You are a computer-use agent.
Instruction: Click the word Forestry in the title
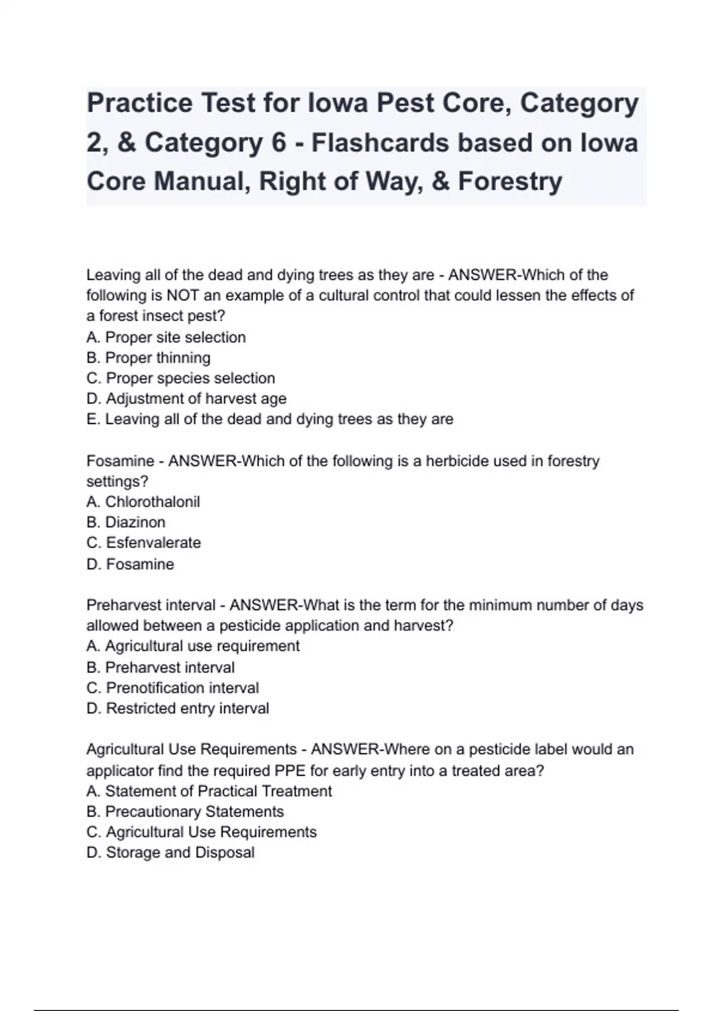pos(510,181)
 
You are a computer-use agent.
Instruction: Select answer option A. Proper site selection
pos(166,337)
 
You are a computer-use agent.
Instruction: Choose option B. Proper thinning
pos(148,357)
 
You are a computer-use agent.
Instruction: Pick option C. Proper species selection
pos(181,378)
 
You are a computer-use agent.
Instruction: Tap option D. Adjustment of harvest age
pos(186,398)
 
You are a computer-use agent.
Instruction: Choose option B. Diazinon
pos(126,522)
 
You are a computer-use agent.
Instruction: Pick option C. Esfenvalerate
pos(143,542)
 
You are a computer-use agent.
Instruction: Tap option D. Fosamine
pos(130,564)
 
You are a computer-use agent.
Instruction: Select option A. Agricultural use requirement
pos(193,646)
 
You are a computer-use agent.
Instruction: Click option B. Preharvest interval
pos(160,667)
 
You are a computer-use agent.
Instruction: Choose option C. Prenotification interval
pos(172,687)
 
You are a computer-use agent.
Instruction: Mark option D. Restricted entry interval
pos(178,708)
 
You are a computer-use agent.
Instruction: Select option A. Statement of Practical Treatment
pos(209,791)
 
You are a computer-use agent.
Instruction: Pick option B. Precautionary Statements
pos(185,812)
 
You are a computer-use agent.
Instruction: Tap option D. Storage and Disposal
pos(170,852)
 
